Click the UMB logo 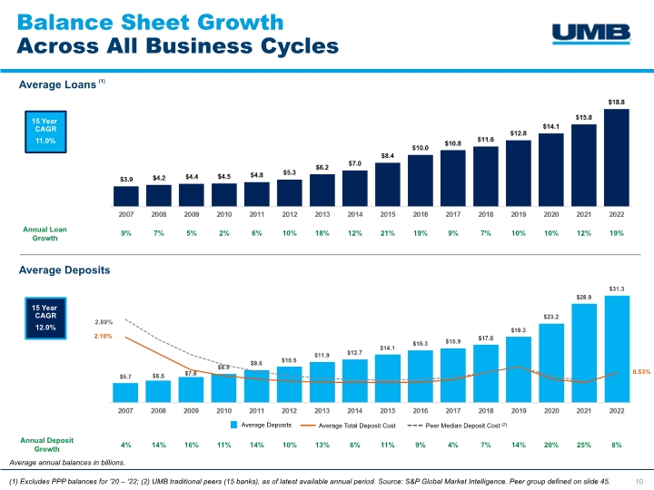click(x=591, y=34)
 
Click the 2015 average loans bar click(x=387, y=183)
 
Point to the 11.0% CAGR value click(x=45, y=142)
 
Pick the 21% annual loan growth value click(x=387, y=234)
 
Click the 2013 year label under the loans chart click(x=322, y=214)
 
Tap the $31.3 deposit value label click(x=616, y=289)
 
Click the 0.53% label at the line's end click(x=641, y=371)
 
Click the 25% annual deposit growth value click(x=583, y=444)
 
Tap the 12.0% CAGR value click(x=45, y=327)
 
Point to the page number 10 click(x=639, y=480)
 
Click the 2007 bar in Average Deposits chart click(x=125, y=391)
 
